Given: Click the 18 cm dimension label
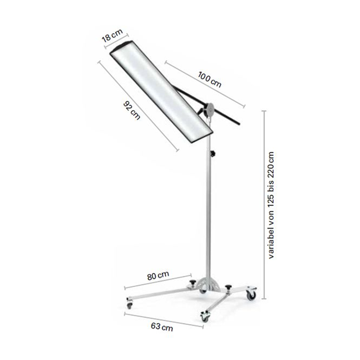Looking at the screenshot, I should pyautogui.click(x=113, y=36).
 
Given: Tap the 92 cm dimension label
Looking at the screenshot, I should pyautogui.click(x=132, y=109).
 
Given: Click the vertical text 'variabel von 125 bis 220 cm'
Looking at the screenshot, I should pyautogui.click(x=272, y=205).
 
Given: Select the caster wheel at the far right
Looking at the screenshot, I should pyautogui.click(x=250, y=294).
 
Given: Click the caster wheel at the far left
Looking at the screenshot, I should pyautogui.click(x=129, y=306).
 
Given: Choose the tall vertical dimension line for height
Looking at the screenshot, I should pyautogui.click(x=264, y=205).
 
